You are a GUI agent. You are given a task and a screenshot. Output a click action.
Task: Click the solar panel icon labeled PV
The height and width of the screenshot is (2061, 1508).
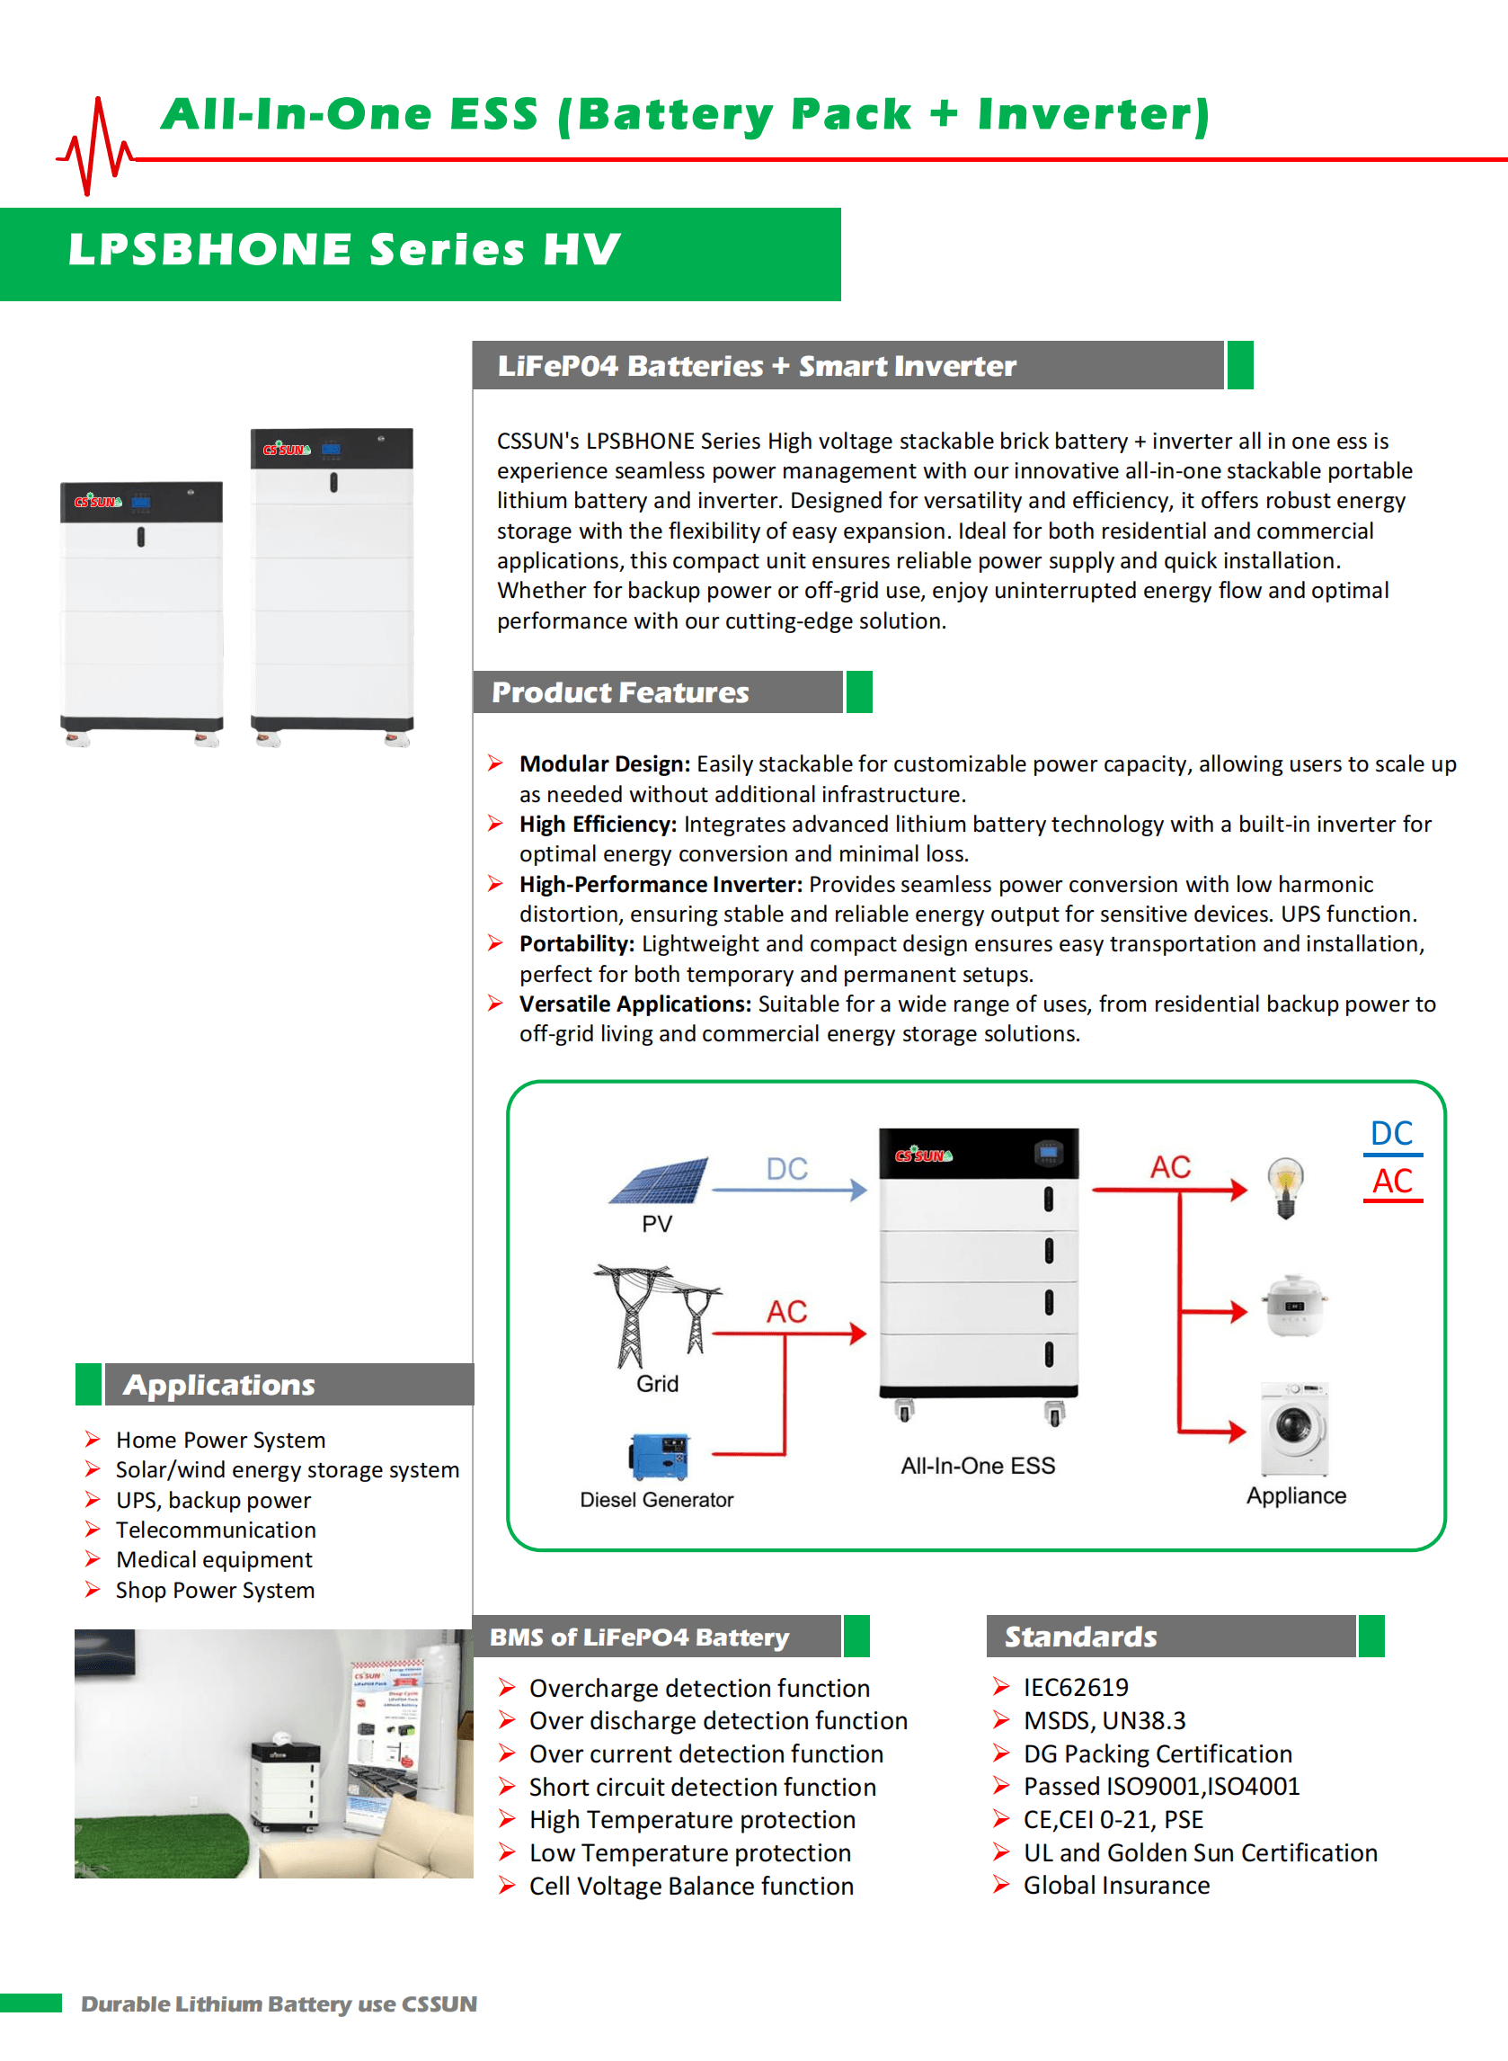point(659,1180)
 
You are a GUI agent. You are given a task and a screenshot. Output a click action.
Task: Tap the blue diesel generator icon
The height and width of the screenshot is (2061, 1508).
point(659,1455)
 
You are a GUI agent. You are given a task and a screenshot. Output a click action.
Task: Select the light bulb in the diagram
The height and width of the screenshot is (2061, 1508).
point(1285,1186)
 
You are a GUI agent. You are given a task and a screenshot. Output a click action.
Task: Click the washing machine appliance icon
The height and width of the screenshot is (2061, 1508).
point(1294,1428)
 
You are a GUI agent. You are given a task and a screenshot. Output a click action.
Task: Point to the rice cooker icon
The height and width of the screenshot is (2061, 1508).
point(1293,1306)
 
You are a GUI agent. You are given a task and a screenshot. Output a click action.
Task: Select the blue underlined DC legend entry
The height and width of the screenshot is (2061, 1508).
point(1391,1134)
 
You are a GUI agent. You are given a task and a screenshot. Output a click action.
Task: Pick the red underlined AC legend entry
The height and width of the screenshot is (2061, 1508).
point(1392,1182)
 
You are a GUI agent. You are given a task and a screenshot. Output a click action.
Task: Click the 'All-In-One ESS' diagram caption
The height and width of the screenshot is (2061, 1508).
point(978,1466)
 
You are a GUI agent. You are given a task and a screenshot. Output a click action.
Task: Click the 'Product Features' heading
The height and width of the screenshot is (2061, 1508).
point(620,692)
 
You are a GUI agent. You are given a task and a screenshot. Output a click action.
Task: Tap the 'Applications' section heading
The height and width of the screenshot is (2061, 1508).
point(219,1385)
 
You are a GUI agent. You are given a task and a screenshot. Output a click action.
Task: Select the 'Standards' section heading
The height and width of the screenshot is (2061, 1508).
point(1080,1637)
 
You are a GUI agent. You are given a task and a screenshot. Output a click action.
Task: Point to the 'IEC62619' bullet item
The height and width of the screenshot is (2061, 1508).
point(1076,1687)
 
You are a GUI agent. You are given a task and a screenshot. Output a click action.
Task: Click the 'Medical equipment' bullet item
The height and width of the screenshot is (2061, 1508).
point(214,1559)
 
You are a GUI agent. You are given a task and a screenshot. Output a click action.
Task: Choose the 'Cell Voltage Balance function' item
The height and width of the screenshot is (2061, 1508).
point(691,1886)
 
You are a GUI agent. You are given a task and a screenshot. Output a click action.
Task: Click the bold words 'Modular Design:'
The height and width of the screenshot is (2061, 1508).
point(604,763)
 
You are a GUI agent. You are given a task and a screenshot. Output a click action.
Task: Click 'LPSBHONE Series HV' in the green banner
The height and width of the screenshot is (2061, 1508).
point(344,250)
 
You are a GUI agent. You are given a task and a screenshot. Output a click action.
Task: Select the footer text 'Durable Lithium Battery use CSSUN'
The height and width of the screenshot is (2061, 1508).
point(279,2003)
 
